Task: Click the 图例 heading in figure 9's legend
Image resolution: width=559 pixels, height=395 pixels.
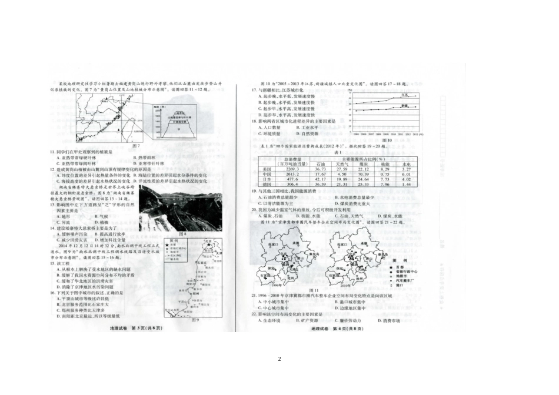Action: [174, 240]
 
